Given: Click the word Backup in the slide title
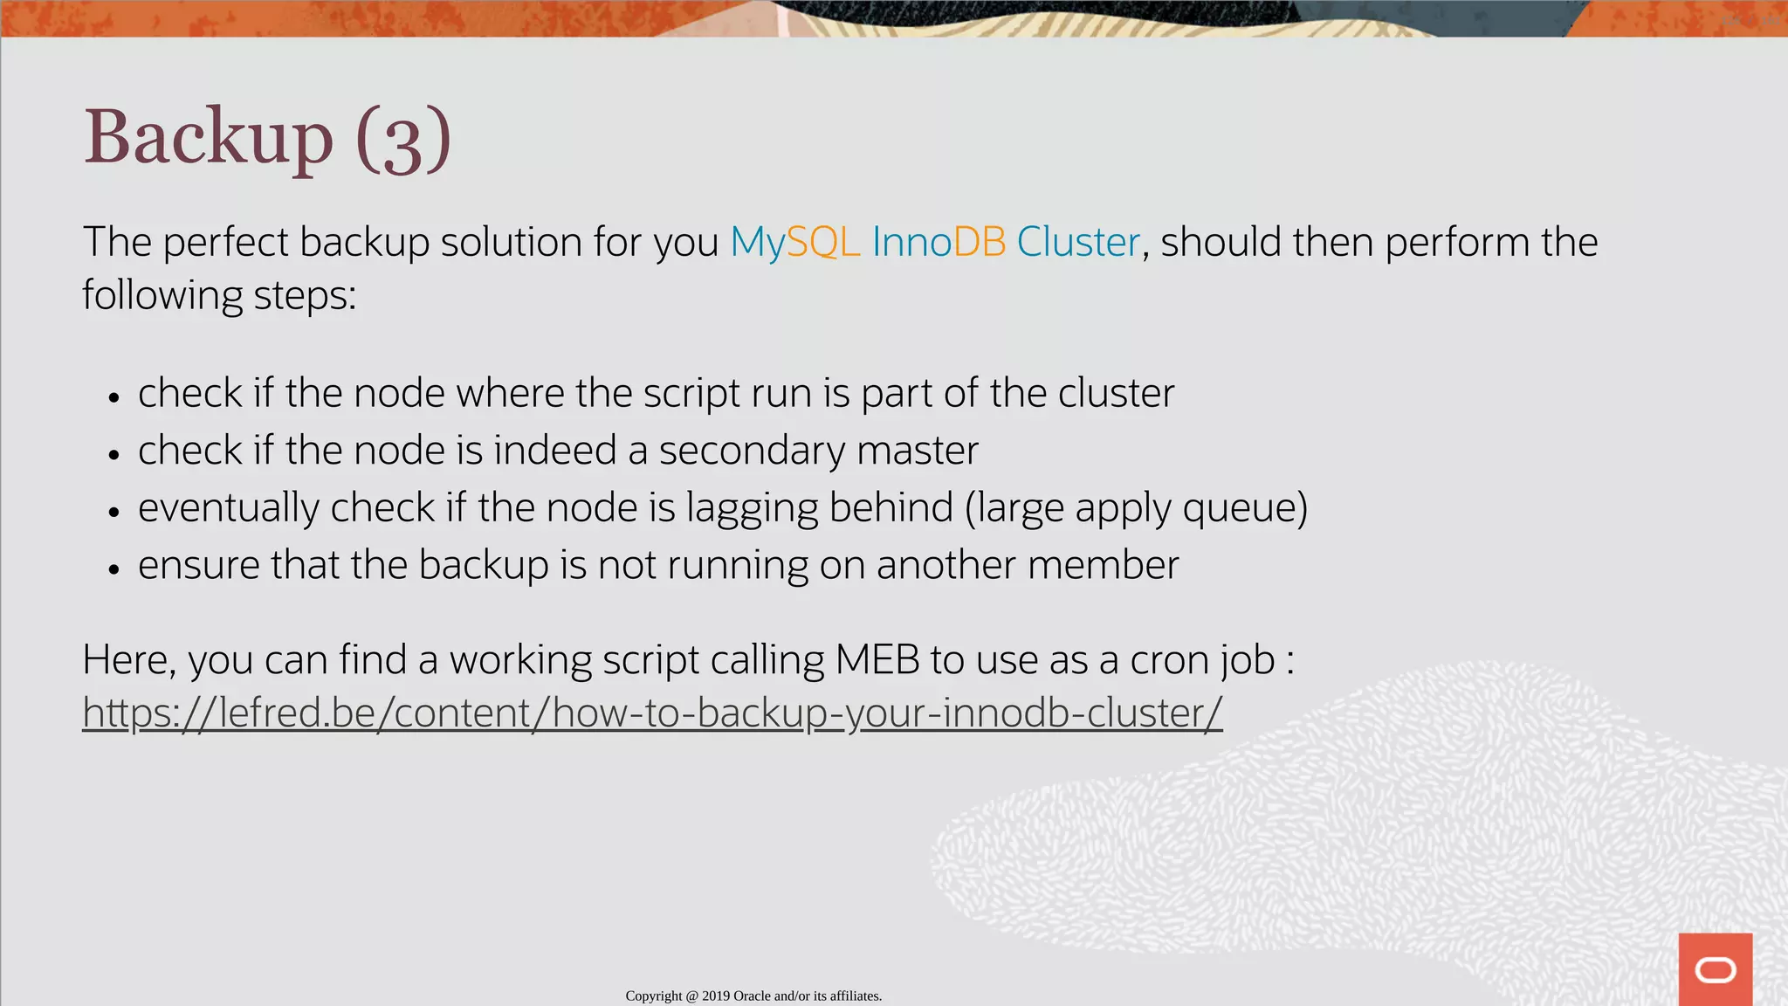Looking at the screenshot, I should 208,138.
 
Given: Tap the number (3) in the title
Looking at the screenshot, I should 403,140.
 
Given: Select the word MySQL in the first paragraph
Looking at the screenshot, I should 794,242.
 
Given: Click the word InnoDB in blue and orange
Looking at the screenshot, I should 939,242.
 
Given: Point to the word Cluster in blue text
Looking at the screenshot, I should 1078,242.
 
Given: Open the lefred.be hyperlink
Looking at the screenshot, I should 651,713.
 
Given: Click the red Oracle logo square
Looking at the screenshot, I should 1715,968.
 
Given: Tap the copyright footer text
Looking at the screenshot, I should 753,996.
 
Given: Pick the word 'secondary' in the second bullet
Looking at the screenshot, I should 752,451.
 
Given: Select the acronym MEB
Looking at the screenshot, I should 877,660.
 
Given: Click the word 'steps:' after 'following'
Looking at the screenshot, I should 305,296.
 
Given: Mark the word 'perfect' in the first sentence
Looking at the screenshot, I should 225,242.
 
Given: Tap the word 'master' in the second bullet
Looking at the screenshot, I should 917,451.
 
